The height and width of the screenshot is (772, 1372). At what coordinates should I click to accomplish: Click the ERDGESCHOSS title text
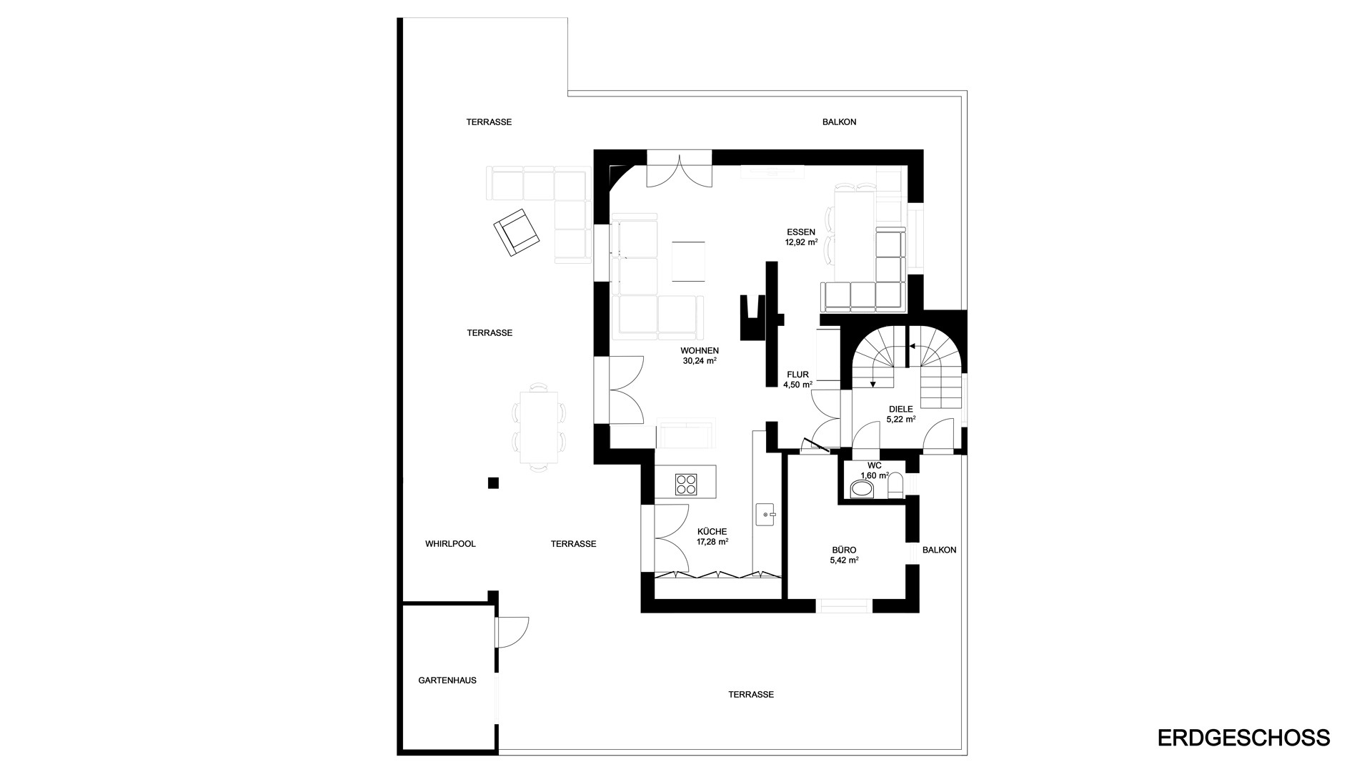pyautogui.click(x=1243, y=738)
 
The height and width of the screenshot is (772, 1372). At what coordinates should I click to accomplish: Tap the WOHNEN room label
pyautogui.click(x=700, y=351)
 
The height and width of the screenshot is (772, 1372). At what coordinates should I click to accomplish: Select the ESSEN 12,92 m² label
pyautogui.click(x=801, y=237)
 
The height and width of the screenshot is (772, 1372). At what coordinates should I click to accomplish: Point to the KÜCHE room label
pyautogui.click(x=712, y=532)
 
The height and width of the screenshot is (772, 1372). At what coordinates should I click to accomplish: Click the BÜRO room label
pyautogui.click(x=844, y=550)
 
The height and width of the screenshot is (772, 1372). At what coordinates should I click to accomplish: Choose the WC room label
pyautogui.click(x=875, y=465)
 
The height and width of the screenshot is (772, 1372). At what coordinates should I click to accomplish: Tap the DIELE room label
pyautogui.click(x=901, y=410)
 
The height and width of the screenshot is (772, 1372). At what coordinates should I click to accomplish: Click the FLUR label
pyautogui.click(x=797, y=375)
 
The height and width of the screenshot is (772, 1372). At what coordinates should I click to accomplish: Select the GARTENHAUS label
pyautogui.click(x=447, y=681)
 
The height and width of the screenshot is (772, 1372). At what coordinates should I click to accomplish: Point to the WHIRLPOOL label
pyautogui.click(x=450, y=544)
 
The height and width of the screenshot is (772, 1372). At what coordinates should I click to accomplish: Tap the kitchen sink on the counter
pyautogui.click(x=765, y=514)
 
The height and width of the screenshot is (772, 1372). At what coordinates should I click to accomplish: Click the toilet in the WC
pyautogui.click(x=895, y=486)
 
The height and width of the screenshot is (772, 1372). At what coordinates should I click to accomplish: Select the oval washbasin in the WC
pyautogui.click(x=863, y=489)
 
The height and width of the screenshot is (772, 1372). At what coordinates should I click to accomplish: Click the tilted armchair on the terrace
pyautogui.click(x=517, y=232)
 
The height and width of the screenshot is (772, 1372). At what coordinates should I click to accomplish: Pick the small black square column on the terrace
pyautogui.click(x=493, y=483)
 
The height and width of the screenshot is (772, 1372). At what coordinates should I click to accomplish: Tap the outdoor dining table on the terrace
pyautogui.click(x=539, y=427)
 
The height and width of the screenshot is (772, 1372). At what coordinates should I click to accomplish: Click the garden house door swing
pyautogui.click(x=513, y=632)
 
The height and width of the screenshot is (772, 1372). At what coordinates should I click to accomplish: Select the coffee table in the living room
pyautogui.click(x=688, y=262)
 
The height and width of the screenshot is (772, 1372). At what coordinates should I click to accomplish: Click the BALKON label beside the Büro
pyautogui.click(x=939, y=550)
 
